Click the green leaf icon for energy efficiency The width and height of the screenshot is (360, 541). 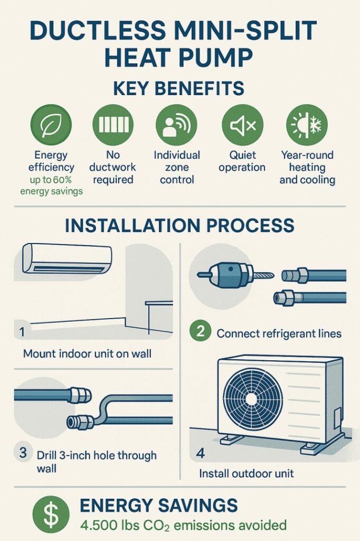coord(51,125)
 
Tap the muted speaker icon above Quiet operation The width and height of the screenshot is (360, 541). coord(242,125)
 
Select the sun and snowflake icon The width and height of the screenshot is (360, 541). coord(307,125)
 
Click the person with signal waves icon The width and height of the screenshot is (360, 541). coord(176,125)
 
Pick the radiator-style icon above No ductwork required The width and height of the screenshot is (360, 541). coord(113,125)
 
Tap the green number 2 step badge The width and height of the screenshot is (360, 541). coord(201,331)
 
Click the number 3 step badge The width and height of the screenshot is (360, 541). coord(23,452)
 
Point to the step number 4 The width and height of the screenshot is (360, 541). coord(201,453)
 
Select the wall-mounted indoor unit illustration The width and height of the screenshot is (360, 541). coord(67,259)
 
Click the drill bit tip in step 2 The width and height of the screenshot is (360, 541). coord(272,275)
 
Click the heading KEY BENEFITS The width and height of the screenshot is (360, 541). coord(178,88)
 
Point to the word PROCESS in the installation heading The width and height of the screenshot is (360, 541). coord(250,225)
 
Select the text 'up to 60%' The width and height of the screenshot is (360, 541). coord(51,180)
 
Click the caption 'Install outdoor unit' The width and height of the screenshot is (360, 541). coord(247,473)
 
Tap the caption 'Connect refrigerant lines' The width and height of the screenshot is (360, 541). coord(279,334)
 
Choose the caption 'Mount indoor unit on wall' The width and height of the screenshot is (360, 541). coord(87,353)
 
